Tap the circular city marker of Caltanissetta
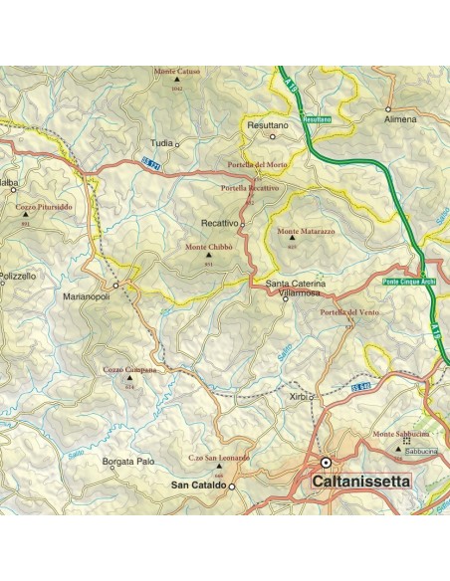(326, 463)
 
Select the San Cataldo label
(197, 485)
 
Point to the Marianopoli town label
(87, 296)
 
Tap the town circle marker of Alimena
(388, 108)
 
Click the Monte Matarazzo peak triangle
(292, 239)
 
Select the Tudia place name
(162, 143)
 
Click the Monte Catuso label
(176, 73)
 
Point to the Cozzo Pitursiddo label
(43, 207)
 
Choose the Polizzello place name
(18, 273)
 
